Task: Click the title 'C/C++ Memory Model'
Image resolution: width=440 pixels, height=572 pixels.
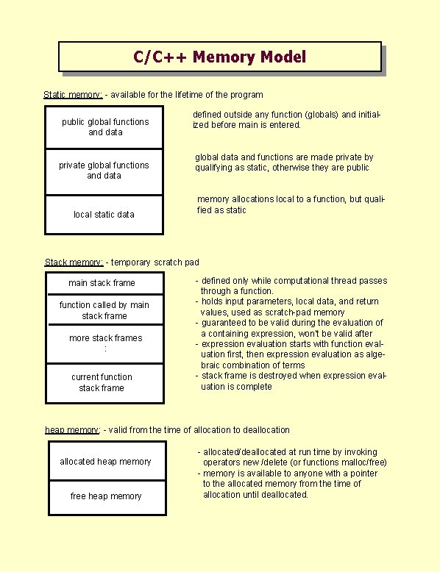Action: point(219,57)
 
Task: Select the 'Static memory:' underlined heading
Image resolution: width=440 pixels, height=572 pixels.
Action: point(73,95)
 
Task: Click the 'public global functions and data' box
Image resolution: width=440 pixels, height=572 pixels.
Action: point(104,127)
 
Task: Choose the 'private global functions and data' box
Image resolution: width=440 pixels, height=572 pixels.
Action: point(104,171)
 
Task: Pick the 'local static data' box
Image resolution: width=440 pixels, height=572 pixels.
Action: point(104,215)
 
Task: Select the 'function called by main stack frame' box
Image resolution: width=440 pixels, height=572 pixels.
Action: point(104,310)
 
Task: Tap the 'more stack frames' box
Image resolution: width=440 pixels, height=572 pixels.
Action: point(105,343)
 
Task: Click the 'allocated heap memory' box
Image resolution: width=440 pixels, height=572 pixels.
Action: point(105,462)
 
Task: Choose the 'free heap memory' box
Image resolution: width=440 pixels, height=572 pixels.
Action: point(106,496)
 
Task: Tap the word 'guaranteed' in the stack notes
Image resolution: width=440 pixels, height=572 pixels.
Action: point(225,323)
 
